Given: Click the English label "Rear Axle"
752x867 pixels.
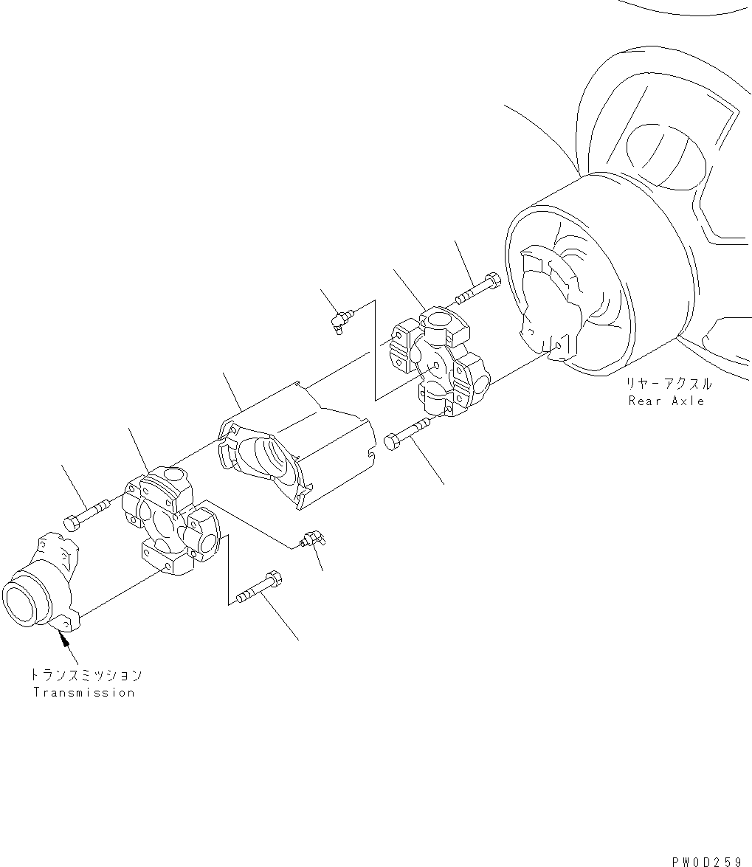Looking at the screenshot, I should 666,401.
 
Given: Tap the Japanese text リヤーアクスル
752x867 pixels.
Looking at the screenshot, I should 669,384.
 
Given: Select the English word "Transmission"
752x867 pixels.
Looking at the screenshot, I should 83,692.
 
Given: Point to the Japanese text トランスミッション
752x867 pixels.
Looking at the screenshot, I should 86,674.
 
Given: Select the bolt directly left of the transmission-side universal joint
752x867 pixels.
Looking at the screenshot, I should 85,514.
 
